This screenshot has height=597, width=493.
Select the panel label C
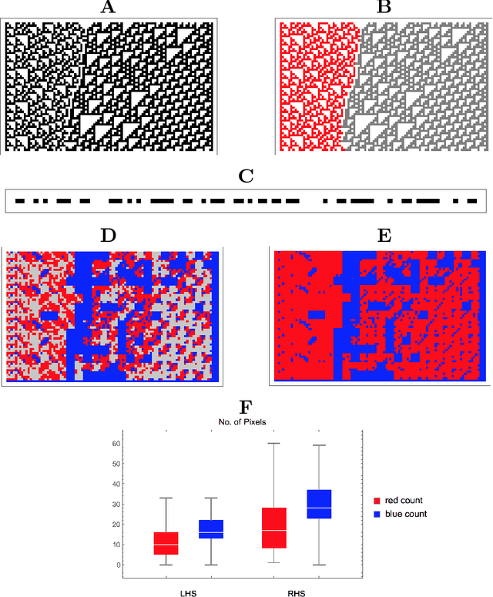coord(246,176)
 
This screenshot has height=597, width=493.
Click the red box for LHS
coord(166,543)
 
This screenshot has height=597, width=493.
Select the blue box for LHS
coord(211,528)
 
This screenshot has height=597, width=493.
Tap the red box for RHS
coord(274,528)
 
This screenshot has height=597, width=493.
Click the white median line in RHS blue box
coord(319,508)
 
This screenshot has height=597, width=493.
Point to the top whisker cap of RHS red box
coord(274,443)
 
